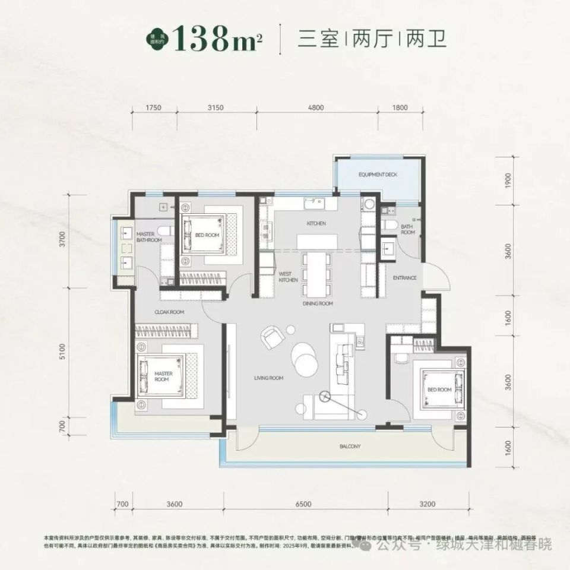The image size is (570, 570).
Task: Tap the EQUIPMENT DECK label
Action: pos(377,176)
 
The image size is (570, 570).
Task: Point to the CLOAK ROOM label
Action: pos(169,312)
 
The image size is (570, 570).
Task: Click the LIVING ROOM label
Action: pos(268,378)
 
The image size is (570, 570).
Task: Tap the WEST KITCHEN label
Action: pos(288,277)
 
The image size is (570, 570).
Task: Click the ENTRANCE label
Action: pos(405,278)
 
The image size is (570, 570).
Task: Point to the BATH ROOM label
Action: pos(407,230)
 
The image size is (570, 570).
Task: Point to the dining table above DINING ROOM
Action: pos(316,274)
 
